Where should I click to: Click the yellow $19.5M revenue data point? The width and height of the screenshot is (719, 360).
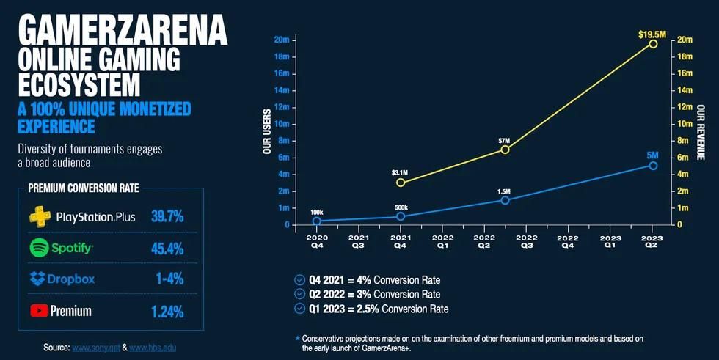tap(653, 44)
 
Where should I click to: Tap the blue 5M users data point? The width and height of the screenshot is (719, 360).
tap(653, 166)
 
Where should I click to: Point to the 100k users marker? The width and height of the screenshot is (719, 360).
tap(316, 221)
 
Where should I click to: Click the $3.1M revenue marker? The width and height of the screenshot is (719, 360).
tap(401, 183)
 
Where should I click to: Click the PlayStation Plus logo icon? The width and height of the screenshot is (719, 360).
tap(40, 217)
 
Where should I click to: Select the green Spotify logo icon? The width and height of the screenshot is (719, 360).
tap(39, 249)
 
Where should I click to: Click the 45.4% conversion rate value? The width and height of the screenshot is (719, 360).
tap(166, 249)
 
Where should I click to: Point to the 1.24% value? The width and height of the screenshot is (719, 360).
tap(167, 311)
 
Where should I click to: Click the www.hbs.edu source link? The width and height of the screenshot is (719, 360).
tap(153, 347)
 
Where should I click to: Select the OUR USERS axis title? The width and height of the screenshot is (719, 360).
tap(267, 132)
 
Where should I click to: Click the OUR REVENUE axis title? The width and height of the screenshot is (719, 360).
tap(701, 132)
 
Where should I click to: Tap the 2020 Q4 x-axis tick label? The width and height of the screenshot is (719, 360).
tap(316, 242)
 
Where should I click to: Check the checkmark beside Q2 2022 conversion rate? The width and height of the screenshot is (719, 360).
tap(298, 294)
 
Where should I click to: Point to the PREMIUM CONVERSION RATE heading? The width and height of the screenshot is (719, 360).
tap(84, 188)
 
